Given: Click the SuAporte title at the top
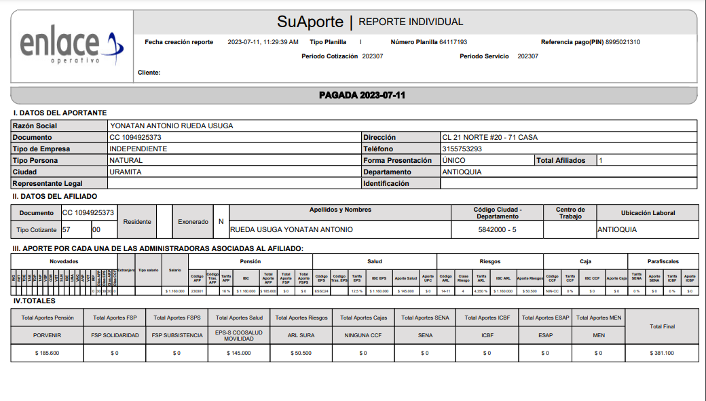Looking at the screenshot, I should click(x=310, y=22).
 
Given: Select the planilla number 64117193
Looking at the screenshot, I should click(x=453, y=42).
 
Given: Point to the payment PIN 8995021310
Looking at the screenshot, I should click(x=623, y=42).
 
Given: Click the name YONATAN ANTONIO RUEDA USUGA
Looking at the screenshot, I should click(x=171, y=126).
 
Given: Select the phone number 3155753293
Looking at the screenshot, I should click(x=462, y=149).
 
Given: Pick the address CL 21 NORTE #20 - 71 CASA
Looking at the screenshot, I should click(x=489, y=137).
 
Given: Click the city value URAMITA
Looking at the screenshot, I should click(x=126, y=172).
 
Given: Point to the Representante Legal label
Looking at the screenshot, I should click(x=48, y=183).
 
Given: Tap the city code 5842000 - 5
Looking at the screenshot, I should click(x=498, y=229).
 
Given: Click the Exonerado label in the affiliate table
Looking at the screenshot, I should click(x=193, y=221).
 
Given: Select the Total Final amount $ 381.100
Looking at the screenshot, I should click(x=662, y=353).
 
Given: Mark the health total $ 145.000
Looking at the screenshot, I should click(x=238, y=353).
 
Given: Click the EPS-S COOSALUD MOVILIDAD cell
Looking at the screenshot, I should click(x=238, y=335).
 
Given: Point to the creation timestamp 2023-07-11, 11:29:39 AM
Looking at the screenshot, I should click(x=263, y=42).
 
